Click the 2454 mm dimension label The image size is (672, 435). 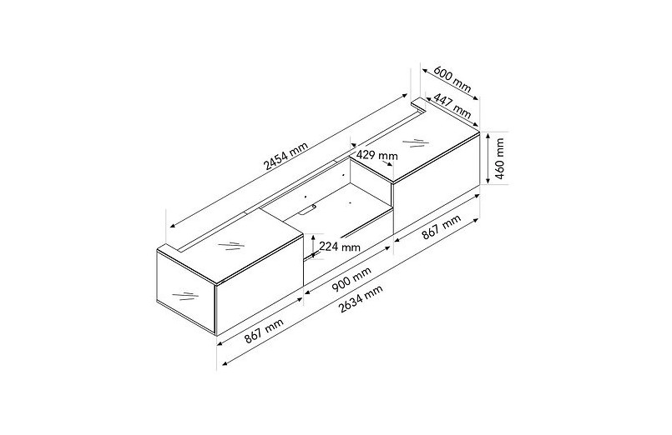(285, 157)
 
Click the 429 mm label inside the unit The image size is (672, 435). (377, 155)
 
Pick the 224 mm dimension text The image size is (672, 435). (340, 247)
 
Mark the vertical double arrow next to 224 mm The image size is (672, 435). (314, 246)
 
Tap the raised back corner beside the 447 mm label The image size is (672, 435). (420, 107)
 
